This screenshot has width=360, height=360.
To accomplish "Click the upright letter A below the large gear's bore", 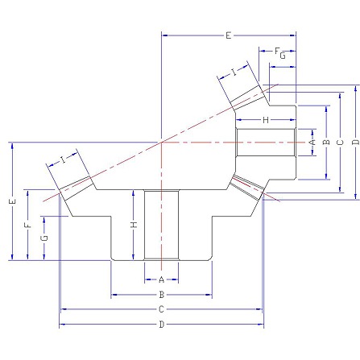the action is (161, 279).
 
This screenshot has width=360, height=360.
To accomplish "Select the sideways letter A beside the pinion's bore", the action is (312, 142).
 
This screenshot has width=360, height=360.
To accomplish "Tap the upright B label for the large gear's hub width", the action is (161, 295).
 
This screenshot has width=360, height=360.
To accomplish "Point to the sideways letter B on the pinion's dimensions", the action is (326, 142).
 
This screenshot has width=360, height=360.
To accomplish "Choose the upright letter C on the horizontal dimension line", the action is (161, 309).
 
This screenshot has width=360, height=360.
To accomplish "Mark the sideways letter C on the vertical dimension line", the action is (340, 142).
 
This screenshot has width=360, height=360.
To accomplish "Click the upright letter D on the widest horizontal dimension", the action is (161, 325).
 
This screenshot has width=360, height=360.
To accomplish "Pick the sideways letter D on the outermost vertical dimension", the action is (355, 142).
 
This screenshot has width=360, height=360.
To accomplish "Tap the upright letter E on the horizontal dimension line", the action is (228, 35).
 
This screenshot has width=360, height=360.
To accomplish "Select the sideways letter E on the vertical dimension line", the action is (12, 201).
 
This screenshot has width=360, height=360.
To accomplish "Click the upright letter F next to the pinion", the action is (277, 51).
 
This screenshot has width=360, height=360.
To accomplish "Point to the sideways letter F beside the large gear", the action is (27, 225).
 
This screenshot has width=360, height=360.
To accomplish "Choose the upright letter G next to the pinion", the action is (283, 56).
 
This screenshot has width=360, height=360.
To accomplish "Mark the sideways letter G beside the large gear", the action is (44, 238).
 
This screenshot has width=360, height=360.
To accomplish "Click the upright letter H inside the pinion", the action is (266, 120).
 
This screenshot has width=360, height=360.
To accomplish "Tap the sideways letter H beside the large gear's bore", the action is (134, 225).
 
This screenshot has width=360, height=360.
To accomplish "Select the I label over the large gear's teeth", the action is (63, 160).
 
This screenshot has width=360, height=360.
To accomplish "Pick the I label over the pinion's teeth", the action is (234, 72).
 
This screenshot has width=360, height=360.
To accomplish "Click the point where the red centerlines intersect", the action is (161, 142).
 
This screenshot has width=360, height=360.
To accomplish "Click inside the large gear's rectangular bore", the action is (161, 225).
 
